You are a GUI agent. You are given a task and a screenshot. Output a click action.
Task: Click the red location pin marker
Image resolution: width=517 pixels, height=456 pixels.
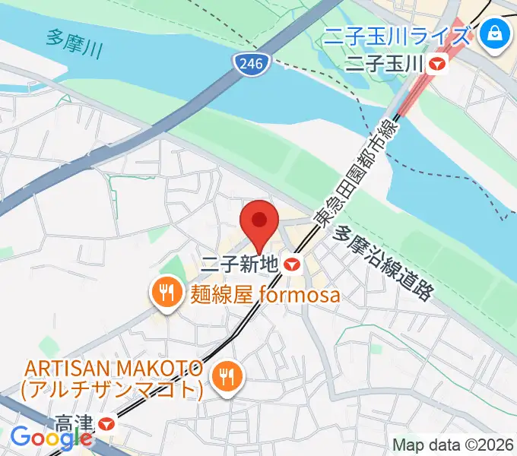pyautogui.click(x=259, y=223)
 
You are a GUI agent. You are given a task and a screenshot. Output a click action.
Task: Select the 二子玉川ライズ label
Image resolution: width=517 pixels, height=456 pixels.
pyautogui.click(x=397, y=34)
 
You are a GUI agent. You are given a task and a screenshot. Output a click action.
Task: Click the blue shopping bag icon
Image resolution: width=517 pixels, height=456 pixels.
pyautogui.click(x=495, y=34)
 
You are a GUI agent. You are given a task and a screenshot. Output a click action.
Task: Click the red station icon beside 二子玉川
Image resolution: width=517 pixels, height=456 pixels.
pyautogui.click(x=437, y=65)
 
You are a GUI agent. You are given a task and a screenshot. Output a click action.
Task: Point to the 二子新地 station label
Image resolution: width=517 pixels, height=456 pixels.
pyautogui.click(x=239, y=265)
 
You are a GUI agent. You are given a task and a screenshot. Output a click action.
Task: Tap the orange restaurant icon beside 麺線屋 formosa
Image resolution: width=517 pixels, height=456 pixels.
pyautogui.click(x=165, y=292)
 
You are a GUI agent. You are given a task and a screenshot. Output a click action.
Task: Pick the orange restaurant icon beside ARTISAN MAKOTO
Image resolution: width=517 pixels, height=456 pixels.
pyautogui.click(x=226, y=374)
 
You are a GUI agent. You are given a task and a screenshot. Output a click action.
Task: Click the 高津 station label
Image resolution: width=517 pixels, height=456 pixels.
pyautogui.click(x=76, y=420)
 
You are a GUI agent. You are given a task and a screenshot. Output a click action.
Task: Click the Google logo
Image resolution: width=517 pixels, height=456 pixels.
pyautogui.click(x=52, y=437)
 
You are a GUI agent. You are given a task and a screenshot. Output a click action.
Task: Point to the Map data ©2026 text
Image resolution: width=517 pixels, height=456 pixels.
pyautogui.click(x=453, y=445)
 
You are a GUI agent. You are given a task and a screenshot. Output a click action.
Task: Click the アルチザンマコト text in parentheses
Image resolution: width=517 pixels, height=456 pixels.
pyautogui.click(x=114, y=390)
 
